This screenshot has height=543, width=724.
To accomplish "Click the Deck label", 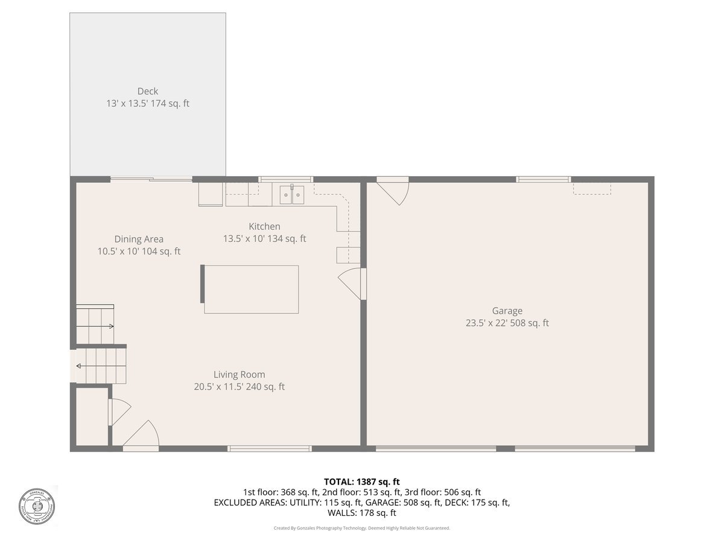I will click(147, 92).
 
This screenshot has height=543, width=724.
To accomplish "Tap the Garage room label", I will click(507, 311).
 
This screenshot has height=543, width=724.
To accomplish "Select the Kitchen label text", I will click(264, 226).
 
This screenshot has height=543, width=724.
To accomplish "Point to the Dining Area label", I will click(139, 239).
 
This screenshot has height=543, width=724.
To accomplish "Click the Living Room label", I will click(239, 374).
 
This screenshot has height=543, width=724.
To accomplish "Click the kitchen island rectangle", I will click(250, 289).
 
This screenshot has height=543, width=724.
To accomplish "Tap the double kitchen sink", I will click(292, 195).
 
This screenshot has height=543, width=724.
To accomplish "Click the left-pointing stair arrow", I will click(80, 365).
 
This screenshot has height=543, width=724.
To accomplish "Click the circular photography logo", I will click(37, 505).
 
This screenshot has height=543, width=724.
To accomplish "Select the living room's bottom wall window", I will click(269, 448).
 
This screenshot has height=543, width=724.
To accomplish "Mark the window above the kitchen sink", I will click(285, 179).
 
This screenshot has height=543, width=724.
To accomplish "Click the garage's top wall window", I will click(543, 179).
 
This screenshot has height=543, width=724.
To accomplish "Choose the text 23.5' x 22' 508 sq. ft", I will click(507, 323).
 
